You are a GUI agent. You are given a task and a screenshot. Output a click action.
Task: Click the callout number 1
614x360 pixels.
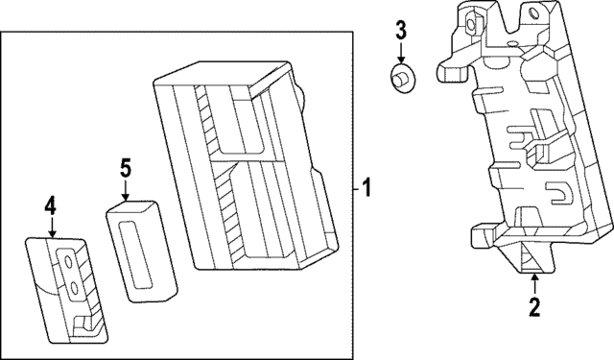click(366, 189)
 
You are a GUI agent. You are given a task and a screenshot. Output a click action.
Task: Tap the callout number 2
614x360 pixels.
click(534, 307)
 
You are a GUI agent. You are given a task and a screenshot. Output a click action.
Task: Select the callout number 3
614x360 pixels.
click(401, 31)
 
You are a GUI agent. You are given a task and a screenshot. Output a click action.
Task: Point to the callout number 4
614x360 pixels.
click(51, 206)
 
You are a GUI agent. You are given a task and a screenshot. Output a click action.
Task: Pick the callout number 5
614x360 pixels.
click(126, 168)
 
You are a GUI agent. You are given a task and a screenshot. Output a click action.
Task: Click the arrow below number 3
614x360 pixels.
click(401, 52)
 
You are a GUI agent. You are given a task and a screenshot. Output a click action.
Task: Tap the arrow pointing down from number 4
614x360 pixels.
click(51, 228)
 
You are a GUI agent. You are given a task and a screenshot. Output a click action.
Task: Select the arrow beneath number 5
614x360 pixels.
click(126, 190)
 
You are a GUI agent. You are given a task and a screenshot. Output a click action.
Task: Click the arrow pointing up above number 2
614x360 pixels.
click(534, 284)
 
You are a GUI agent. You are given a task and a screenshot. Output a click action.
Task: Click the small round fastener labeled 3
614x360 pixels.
click(403, 78)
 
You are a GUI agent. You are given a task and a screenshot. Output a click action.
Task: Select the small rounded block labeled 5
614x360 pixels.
click(141, 252)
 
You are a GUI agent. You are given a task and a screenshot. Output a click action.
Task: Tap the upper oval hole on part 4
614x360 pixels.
click(67, 261)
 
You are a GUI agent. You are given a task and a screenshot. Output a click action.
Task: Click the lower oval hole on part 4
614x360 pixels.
click(74, 289)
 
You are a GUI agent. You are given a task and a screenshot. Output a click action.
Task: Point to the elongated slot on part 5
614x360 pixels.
click(135, 254)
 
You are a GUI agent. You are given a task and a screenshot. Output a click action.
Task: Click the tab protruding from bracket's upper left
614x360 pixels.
click(454, 71)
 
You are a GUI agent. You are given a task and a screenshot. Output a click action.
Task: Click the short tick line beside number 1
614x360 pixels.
click(356, 189)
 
